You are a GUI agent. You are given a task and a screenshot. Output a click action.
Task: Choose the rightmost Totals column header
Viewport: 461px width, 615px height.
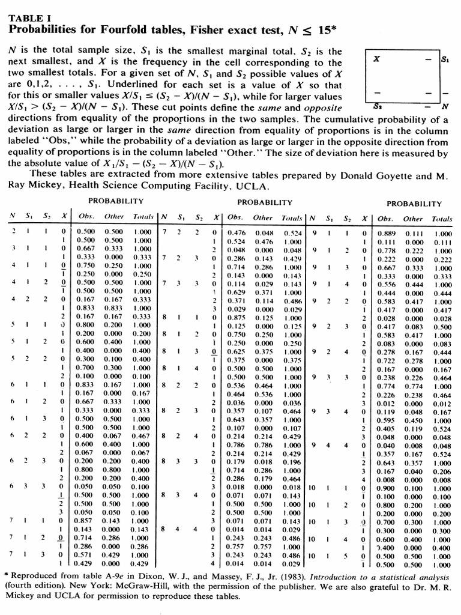(442, 219)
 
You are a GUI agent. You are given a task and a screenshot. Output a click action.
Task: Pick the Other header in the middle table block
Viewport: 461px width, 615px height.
(263, 219)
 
